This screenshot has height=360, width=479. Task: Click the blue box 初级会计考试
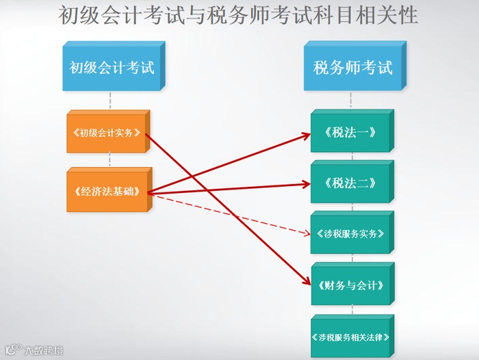111,68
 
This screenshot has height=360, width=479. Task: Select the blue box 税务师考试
352,68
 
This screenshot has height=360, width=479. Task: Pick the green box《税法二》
350,183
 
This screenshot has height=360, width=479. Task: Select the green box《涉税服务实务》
350,233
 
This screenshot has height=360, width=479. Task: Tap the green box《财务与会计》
350,285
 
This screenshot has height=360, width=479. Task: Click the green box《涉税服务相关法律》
350,337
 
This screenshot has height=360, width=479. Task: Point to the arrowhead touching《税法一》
306,136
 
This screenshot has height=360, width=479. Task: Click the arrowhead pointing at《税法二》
306,183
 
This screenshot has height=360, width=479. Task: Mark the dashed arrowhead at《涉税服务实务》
307,233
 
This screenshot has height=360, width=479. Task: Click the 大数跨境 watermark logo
34,350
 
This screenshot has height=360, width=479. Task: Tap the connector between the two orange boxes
109,160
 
